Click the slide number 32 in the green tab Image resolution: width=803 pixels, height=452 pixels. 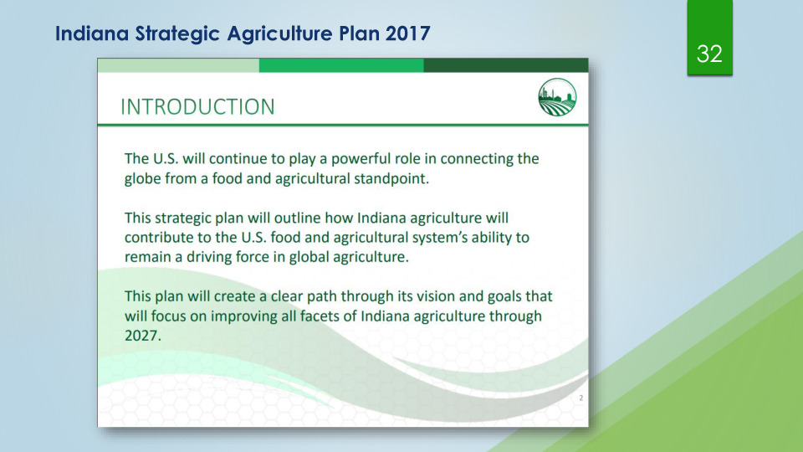[709, 54]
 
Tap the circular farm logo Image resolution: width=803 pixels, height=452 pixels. [557, 97]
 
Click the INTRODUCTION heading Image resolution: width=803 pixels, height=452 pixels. [197, 107]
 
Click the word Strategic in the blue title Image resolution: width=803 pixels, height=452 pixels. [177, 33]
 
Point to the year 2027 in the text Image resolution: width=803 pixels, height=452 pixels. [143, 335]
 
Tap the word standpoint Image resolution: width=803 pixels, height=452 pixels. [391, 179]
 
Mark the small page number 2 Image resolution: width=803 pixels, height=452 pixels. [581, 398]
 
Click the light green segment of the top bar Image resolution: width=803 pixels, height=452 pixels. [178, 65]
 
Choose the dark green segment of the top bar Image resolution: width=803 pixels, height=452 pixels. [506, 65]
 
